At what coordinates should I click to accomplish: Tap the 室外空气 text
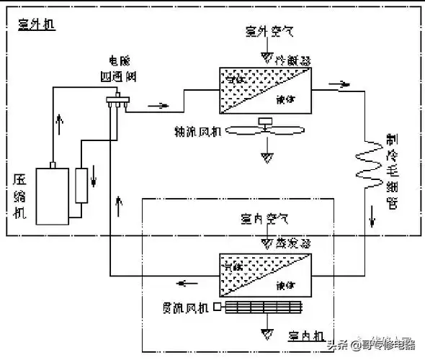click(x=269, y=32)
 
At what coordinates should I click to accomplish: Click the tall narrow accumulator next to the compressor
click(x=81, y=185)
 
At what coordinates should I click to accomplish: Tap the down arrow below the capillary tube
click(x=373, y=215)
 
